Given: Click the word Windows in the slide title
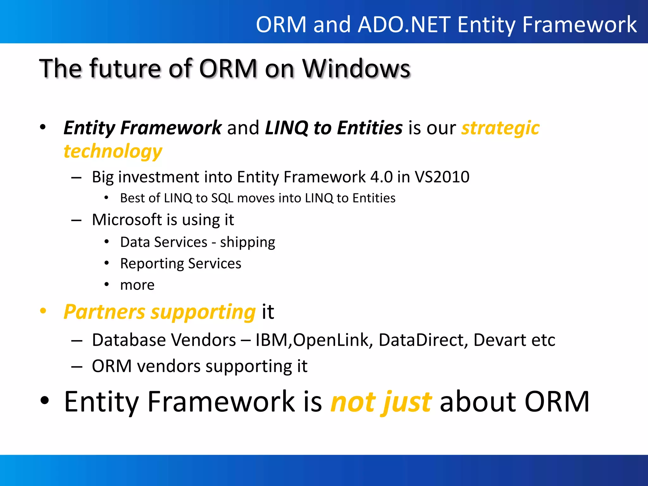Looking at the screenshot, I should tap(356, 69).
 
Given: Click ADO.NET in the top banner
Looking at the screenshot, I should tap(404, 24).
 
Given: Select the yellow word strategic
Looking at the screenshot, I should tap(500, 128).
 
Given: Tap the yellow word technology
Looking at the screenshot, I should tap(113, 152).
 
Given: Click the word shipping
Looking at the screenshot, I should tap(247, 243).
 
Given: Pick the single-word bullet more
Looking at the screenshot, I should tap(137, 285).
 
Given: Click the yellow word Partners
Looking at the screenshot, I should tap(104, 312).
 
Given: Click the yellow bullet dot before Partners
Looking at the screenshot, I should tap(43, 311).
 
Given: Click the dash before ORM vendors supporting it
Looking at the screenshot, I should tap(77, 367).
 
